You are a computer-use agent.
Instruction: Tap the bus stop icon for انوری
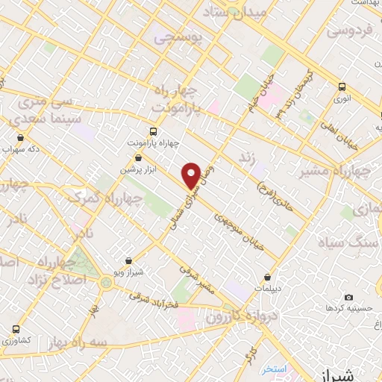point(342,87)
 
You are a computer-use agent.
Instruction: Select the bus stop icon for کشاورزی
point(16,328)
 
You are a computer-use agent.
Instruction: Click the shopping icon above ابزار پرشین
point(139,157)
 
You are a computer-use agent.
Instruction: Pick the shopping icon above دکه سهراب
point(20,137)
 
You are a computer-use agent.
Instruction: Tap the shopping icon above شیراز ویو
point(130,261)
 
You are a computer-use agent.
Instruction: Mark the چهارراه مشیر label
point(334,173)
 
